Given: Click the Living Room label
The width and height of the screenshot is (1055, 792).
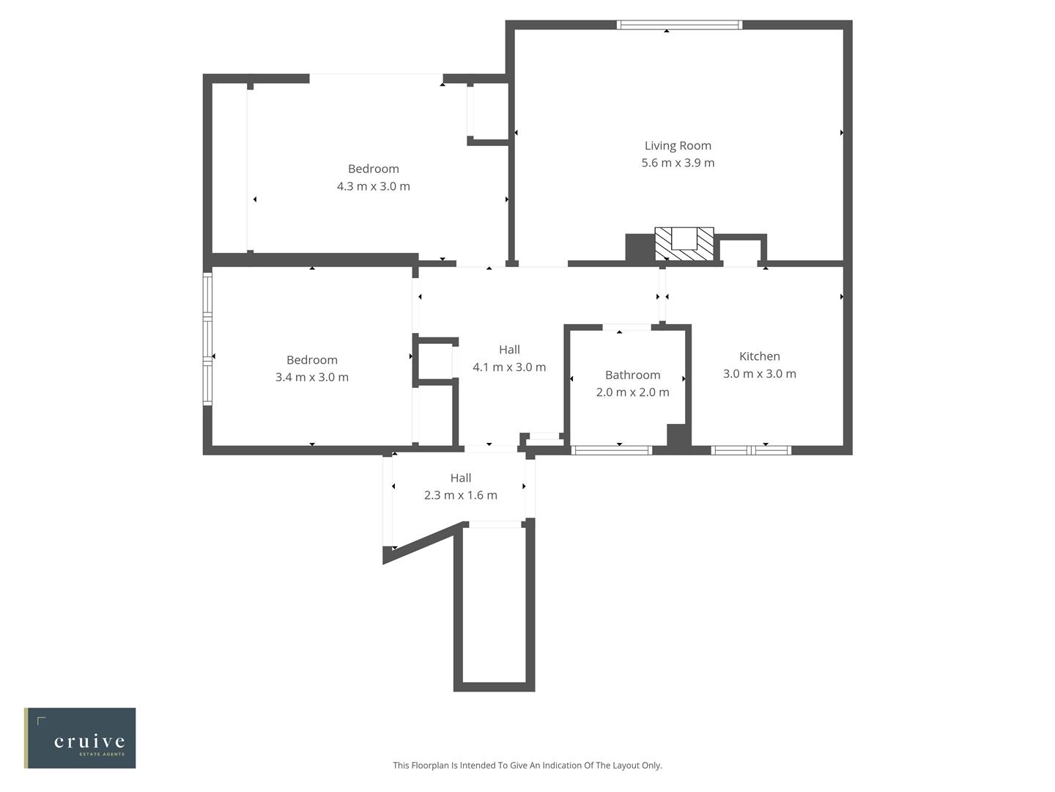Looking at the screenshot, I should coord(678,146).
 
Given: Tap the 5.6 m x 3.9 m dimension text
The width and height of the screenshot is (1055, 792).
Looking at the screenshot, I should coord(678,163).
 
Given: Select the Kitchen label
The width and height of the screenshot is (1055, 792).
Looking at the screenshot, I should coord(759,356).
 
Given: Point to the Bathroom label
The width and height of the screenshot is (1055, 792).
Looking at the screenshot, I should coord(632,375).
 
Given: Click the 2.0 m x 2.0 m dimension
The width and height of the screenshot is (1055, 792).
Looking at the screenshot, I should coord(632,392).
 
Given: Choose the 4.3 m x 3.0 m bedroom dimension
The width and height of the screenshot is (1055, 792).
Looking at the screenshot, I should coord(373,186).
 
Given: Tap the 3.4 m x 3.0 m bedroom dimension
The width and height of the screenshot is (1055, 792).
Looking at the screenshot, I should coord(311,378).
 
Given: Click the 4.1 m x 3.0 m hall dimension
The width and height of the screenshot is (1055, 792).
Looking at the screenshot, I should coord(509,367).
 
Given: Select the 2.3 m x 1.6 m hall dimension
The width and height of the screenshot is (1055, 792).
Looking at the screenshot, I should coord(460,496).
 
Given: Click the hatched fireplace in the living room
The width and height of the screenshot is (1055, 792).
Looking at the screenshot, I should coord(684,244).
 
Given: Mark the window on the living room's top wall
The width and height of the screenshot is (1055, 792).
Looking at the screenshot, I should coord(679,25).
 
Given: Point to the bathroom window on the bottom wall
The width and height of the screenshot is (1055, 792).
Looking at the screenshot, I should coord(611,450).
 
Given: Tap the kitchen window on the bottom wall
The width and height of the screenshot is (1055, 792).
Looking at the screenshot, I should coord(751,450).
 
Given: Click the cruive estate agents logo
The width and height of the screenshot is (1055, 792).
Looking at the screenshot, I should coord(81,738).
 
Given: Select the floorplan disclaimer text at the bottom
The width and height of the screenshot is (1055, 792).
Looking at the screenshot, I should coord(527,766).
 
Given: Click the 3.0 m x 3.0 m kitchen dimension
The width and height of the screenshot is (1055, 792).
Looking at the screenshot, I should coord(759,374).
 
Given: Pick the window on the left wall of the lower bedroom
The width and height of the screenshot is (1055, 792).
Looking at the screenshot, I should coord(207,339).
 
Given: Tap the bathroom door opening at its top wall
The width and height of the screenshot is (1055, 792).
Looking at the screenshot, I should coord(626,327).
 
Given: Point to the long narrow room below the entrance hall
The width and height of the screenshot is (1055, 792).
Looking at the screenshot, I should coord(495,605).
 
